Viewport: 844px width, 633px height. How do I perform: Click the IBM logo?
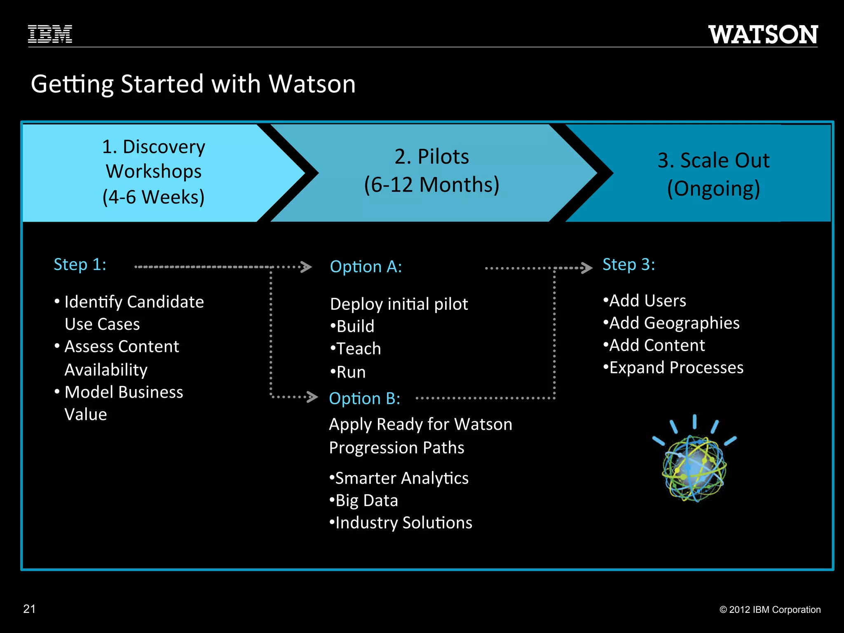pyautogui.click(x=50, y=34)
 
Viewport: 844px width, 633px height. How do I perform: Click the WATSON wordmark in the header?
pyautogui.click(x=763, y=35)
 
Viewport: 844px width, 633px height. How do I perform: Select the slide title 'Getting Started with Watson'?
pyautogui.click(x=193, y=84)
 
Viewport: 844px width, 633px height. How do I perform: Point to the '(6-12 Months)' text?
pyautogui.click(x=431, y=184)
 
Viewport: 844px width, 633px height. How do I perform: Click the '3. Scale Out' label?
pyautogui.click(x=713, y=160)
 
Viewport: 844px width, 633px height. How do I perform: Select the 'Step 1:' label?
pyautogui.click(x=80, y=265)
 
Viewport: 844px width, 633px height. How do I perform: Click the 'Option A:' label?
pyautogui.click(x=366, y=267)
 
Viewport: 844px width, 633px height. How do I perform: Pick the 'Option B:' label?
pyautogui.click(x=365, y=399)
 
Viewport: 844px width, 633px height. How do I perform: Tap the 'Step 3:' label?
pyautogui.click(x=628, y=265)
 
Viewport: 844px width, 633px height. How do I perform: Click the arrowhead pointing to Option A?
pyautogui.click(x=306, y=267)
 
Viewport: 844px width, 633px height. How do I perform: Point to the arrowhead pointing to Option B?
pyautogui.click(x=312, y=397)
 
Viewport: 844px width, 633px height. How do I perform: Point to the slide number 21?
pyautogui.click(x=29, y=609)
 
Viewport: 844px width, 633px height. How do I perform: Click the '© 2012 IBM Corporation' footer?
pyautogui.click(x=770, y=610)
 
